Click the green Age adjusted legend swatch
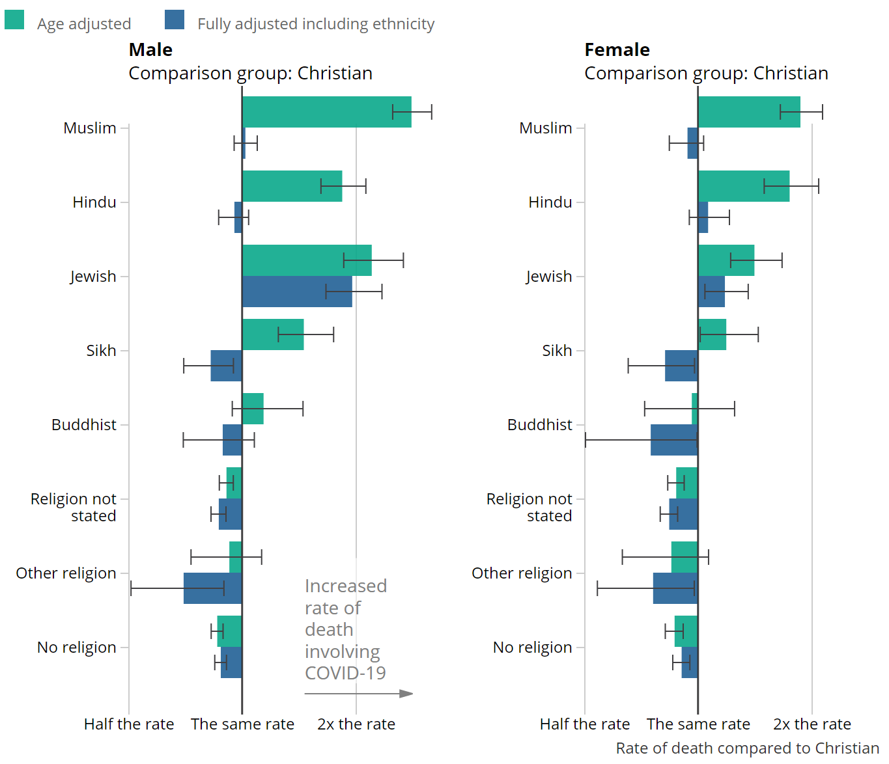point(14,20)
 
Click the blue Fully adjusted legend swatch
point(175,20)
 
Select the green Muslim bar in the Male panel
point(326,112)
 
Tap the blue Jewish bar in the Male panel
point(297,292)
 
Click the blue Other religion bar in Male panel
point(213,588)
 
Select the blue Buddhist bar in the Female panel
point(674,440)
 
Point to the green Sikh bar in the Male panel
point(273,334)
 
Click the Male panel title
point(151,50)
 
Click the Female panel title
point(617,50)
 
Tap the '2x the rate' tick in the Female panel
point(811,724)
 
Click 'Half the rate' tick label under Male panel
point(129,724)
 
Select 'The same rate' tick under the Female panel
point(698,724)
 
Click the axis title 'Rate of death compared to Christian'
point(747,748)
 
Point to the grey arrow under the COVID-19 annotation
point(359,694)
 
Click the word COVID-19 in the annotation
point(345,673)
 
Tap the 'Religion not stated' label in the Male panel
point(74,507)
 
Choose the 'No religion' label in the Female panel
point(532,648)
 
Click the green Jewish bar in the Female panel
point(726,260)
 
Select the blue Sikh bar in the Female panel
point(681,366)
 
